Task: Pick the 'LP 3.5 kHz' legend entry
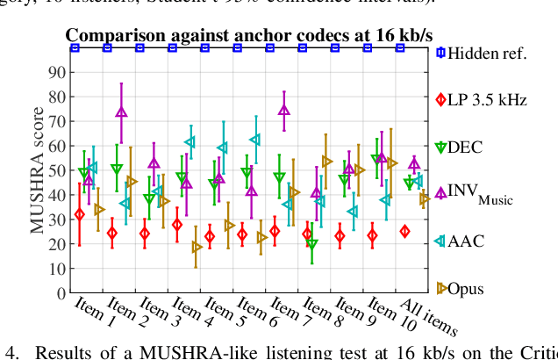tap(487, 100)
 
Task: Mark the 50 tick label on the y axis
tap(60, 170)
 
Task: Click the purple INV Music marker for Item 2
tap(121, 112)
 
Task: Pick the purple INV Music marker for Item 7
tap(283, 111)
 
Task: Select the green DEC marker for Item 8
tap(311, 244)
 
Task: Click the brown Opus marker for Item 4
tap(197, 248)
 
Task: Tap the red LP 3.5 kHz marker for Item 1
tap(80, 214)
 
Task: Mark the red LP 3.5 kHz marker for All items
tap(404, 232)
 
